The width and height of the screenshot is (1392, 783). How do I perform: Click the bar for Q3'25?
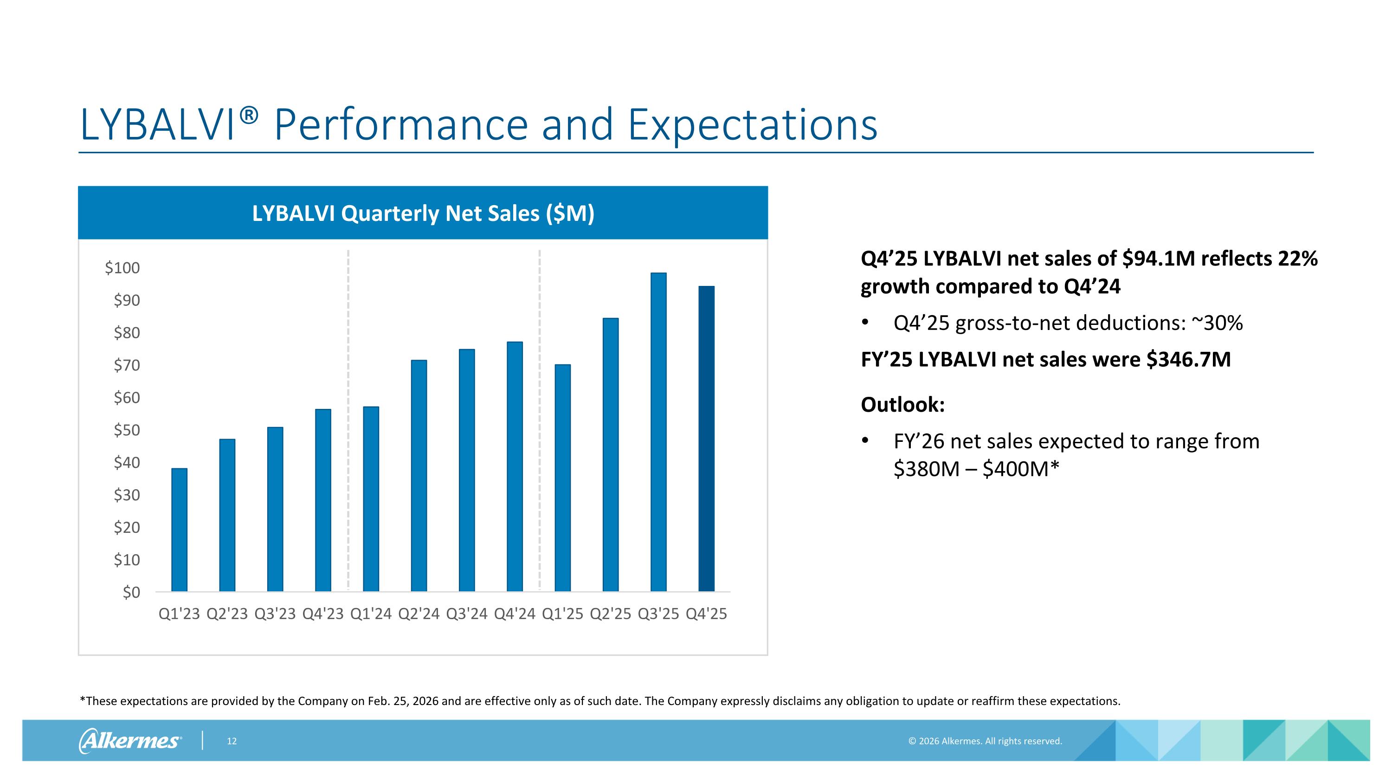658,432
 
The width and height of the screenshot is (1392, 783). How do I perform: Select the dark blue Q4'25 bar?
706,439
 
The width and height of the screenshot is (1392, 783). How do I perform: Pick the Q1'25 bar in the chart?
562,478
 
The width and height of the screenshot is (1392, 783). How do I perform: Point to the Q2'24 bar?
419,476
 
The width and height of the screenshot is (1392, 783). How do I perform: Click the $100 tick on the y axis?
122,267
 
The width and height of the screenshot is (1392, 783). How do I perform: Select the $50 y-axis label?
127,430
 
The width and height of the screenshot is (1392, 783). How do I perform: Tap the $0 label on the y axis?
131,592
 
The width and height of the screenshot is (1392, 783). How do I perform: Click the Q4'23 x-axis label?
323,614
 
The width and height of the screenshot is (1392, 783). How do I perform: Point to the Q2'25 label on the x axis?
611,614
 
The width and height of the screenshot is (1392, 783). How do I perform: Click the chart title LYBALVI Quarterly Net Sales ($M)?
423,214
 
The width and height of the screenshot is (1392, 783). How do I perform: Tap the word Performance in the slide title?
401,125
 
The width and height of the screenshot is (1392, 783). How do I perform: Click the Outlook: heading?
903,405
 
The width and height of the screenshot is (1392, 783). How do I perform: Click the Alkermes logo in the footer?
130,740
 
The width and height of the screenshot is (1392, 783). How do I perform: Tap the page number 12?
232,741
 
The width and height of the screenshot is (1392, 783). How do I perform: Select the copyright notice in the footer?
985,741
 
